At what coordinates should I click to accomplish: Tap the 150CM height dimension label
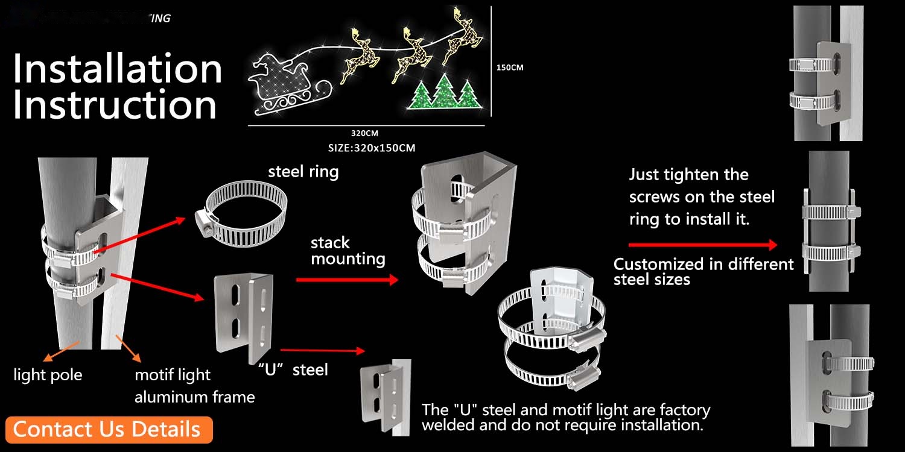point(510,67)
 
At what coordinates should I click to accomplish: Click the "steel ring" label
point(303,172)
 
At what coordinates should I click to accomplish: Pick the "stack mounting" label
point(348,251)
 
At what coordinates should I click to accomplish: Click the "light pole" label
point(48,375)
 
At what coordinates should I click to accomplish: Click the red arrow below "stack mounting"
point(347,280)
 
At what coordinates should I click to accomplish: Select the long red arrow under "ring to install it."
point(703,245)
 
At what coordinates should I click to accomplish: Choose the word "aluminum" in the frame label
point(160,397)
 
